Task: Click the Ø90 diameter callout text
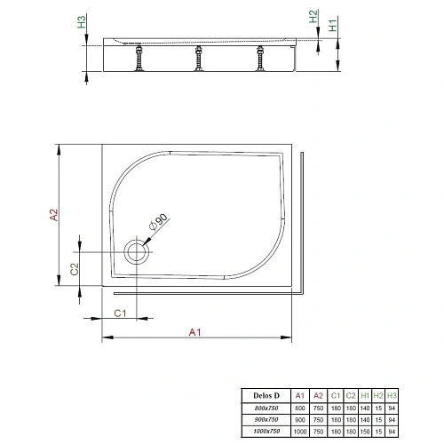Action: [161, 223]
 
